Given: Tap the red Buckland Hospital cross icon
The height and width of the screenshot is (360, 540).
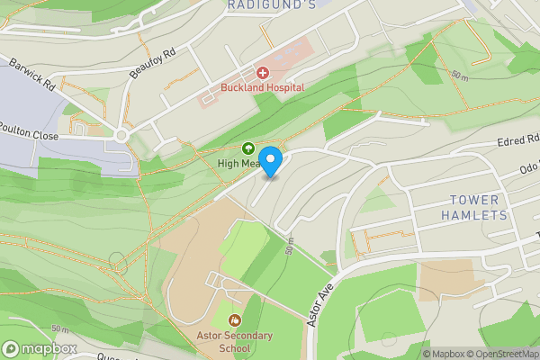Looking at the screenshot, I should tap(263, 72).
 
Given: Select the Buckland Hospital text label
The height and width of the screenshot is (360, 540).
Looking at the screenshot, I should tap(263, 87).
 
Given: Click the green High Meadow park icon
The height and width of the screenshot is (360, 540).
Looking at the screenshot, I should tap(248, 148).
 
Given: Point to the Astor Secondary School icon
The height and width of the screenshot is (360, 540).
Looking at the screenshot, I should tap(235, 319).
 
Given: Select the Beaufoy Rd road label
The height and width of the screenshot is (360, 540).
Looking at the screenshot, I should tap(150, 63).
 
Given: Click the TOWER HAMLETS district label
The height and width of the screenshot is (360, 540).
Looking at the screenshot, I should tap(475, 208).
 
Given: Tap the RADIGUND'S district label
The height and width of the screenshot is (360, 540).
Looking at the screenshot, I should tap(258, 5).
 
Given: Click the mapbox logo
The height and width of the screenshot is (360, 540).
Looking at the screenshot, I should tap(40, 348).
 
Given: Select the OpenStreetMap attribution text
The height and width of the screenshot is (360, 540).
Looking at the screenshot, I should tap(500, 353).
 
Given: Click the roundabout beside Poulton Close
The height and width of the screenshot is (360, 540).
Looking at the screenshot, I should tap(122, 136).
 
